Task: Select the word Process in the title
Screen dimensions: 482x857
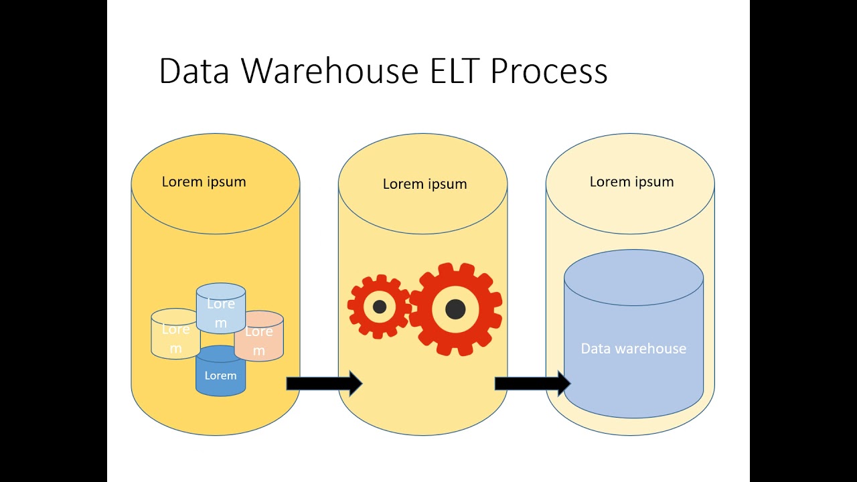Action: click(x=549, y=71)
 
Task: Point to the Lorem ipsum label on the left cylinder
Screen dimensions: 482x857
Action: click(x=204, y=181)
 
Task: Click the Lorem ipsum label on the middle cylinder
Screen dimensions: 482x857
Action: click(x=424, y=184)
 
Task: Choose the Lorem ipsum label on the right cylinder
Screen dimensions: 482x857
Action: click(x=631, y=181)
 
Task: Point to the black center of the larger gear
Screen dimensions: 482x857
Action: click(x=455, y=309)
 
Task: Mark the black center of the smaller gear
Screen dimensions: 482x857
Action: click(x=379, y=307)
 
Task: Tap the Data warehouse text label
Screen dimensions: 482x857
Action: click(x=633, y=349)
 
